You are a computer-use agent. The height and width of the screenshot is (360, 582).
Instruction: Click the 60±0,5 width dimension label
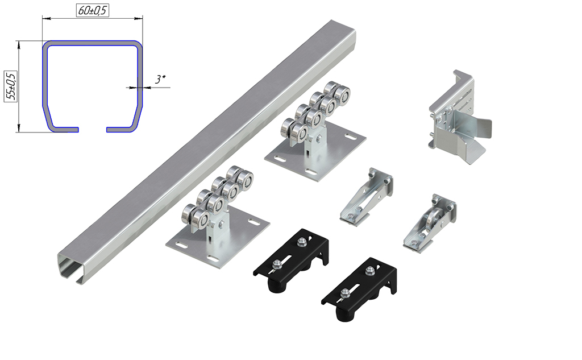click(93, 10)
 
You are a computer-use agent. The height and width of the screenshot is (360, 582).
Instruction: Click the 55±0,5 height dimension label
click(11, 86)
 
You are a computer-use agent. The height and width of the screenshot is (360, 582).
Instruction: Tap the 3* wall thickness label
click(160, 79)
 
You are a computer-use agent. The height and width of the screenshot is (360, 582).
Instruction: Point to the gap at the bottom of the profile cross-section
click(93, 130)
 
